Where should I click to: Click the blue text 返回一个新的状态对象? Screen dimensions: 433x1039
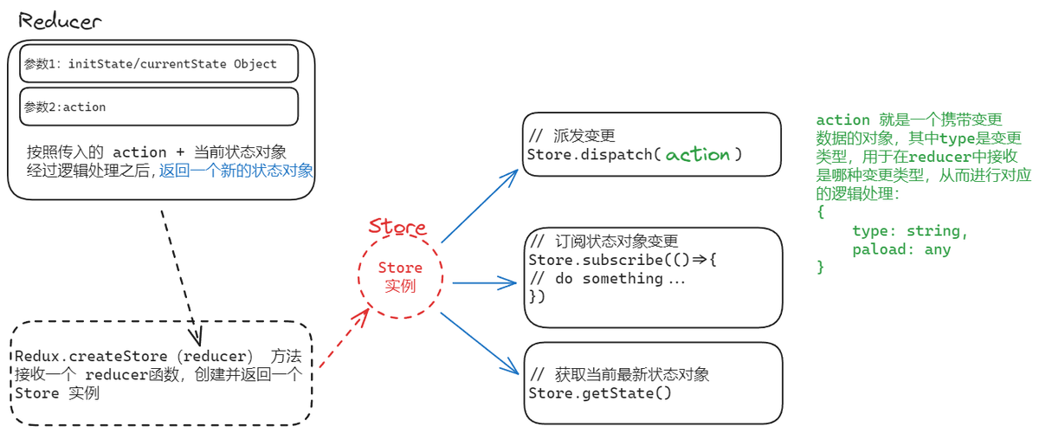tap(236, 171)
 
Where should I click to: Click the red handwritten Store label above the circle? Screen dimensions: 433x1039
tap(397, 228)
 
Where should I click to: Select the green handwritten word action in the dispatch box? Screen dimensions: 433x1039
tap(698, 155)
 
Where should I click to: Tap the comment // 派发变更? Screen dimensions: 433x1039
tap(571, 137)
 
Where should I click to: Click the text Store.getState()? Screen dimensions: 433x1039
tap(599, 393)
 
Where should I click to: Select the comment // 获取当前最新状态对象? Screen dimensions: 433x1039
tap(619, 375)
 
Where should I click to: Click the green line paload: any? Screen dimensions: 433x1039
tap(900, 249)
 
